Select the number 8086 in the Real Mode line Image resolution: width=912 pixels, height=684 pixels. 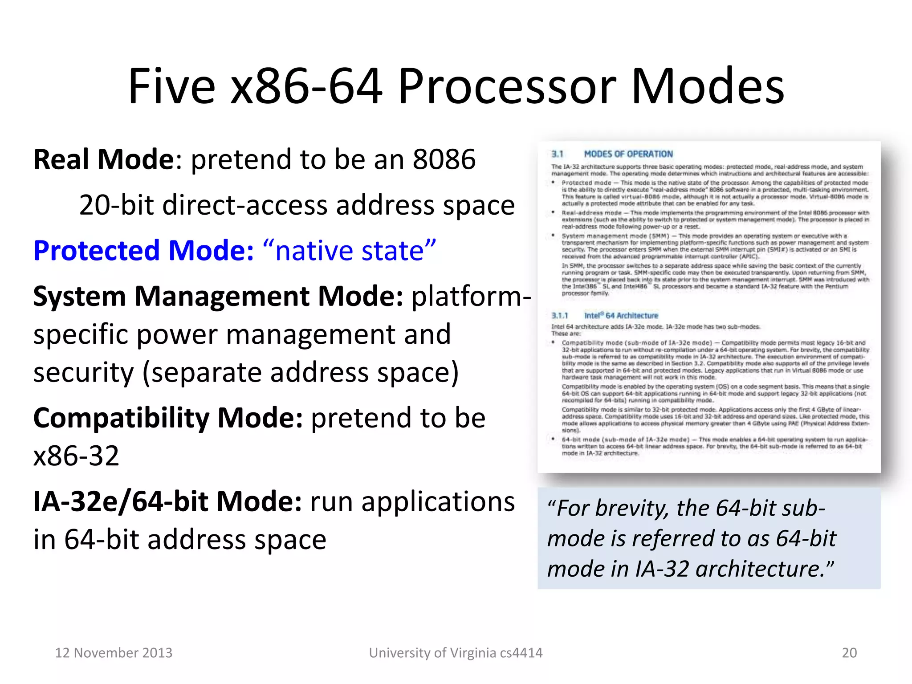(444, 159)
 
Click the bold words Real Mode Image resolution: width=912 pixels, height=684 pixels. (103, 159)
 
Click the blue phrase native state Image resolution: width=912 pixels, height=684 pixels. (350, 250)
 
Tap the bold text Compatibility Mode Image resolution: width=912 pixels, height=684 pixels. (168, 418)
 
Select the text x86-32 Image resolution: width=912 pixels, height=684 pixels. (76, 456)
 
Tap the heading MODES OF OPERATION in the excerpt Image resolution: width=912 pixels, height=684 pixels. (628, 154)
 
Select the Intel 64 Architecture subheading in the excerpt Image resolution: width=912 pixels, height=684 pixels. (621, 315)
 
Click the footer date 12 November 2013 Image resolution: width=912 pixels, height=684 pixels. (114, 653)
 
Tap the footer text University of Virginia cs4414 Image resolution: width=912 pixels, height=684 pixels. (456, 653)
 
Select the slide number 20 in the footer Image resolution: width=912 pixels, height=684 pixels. (849, 653)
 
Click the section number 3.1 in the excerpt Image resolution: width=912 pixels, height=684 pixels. (558, 154)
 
